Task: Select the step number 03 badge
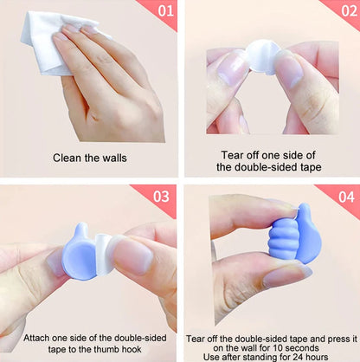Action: tap(161, 197)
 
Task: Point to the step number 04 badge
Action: tap(345, 197)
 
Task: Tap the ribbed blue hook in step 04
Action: tap(284, 242)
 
